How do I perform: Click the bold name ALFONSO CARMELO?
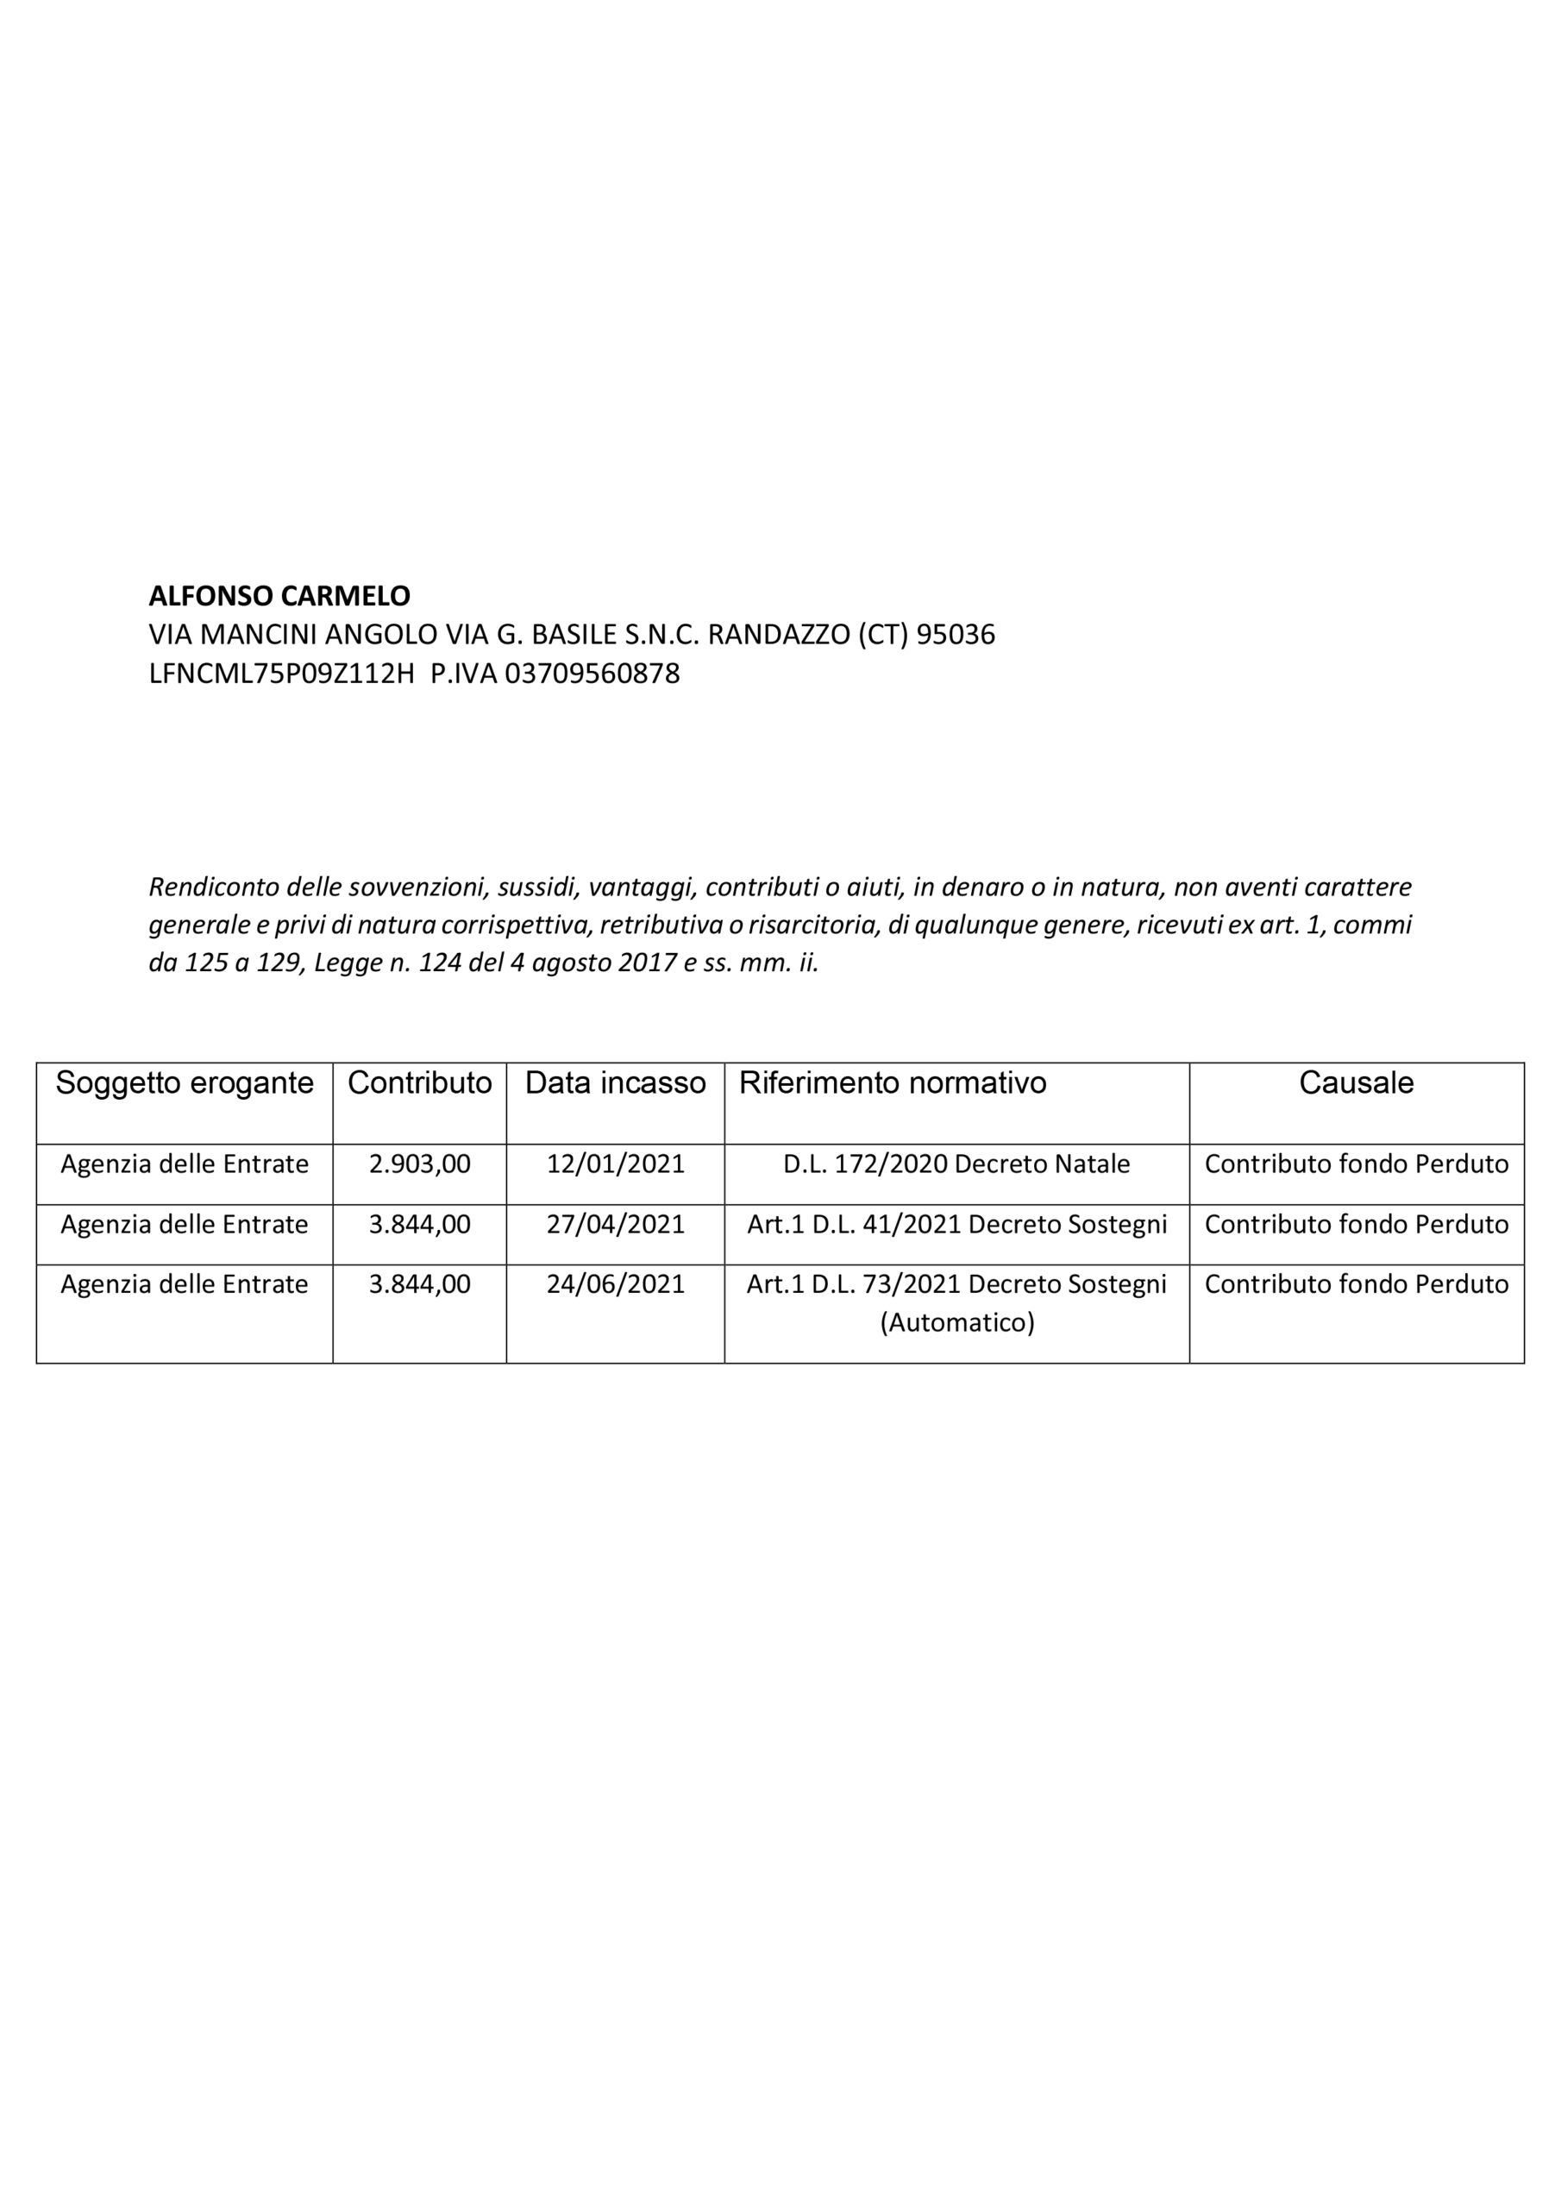(x=279, y=596)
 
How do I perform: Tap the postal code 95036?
(x=956, y=635)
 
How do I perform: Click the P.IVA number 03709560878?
(x=592, y=674)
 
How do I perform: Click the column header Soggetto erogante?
(x=185, y=1082)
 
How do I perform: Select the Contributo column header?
(x=419, y=1082)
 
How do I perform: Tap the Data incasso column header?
(x=615, y=1082)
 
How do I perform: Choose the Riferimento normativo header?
(x=892, y=1082)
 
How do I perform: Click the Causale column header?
(x=1355, y=1082)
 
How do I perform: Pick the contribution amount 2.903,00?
(x=419, y=1164)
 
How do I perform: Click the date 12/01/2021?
(x=615, y=1164)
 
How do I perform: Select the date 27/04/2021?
(x=615, y=1224)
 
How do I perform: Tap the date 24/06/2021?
(x=615, y=1284)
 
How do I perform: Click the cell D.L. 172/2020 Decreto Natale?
(x=956, y=1164)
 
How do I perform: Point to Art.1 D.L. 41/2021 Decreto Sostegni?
(x=956, y=1224)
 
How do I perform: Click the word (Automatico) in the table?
(x=956, y=1322)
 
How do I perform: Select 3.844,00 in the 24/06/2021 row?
(x=419, y=1284)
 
